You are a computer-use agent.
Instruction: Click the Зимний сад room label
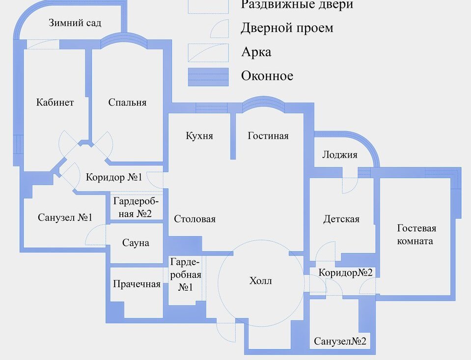pyautogui.click(x=75, y=23)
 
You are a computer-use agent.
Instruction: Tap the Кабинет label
pyautogui.click(x=55, y=102)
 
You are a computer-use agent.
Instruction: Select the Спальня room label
pyautogui.click(x=127, y=102)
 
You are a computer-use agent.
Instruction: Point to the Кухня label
pyautogui.click(x=199, y=136)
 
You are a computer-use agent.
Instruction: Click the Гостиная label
pyautogui.click(x=268, y=136)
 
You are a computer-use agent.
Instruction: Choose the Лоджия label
pyautogui.click(x=340, y=155)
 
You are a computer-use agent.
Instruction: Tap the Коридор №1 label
pyautogui.click(x=114, y=177)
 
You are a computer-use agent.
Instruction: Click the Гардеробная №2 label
pyautogui.click(x=136, y=207)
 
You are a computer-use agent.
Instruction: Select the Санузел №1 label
pyautogui.click(x=65, y=217)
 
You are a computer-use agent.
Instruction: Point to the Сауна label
pyautogui.click(x=136, y=243)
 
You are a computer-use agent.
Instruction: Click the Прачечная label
pyautogui.click(x=137, y=284)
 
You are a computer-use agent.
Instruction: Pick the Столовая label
pyautogui.click(x=194, y=219)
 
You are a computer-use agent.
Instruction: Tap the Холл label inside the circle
pyautogui.click(x=260, y=280)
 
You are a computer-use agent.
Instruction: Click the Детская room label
pyautogui.click(x=341, y=219)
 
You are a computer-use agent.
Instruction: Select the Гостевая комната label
pyautogui.click(x=416, y=234)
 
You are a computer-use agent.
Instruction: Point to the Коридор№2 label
pyautogui.click(x=345, y=273)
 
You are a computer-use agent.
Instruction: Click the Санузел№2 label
pyautogui.click(x=340, y=341)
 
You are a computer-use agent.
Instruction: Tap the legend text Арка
pyautogui.click(x=256, y=52)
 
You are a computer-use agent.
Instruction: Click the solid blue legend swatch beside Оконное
pyautogui.click(x=208, y=77)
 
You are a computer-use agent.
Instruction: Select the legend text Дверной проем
pyautogui.click(x=287, y=28)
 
